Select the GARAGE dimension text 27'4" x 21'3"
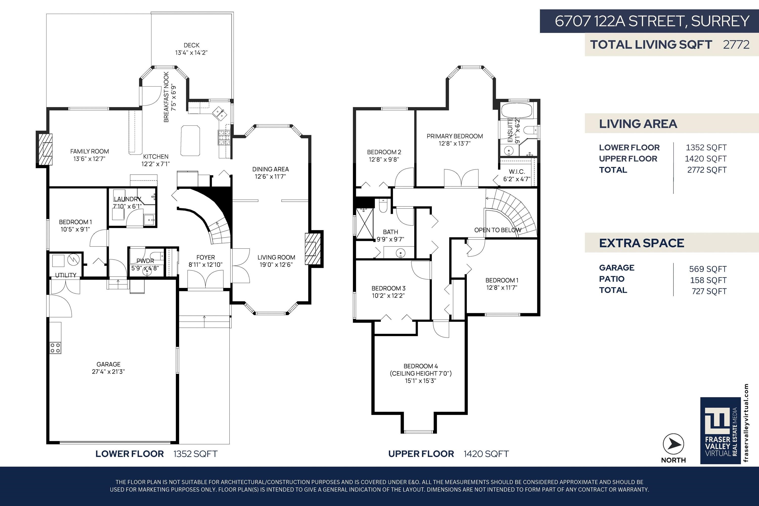pos(109,371)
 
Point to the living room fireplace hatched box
pos(312,249)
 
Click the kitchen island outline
pos(191,141)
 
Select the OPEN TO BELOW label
pos(498,230)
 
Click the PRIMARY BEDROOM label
pos(455,136)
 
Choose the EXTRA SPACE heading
pos(642,243)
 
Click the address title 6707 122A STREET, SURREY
pos(652,21)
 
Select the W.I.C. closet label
pos(517,172)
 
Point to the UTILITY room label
pos(66,275)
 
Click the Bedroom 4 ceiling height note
pos(421,373)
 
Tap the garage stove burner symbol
pos(55,348)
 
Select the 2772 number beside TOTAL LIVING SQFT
pos(736,45)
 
